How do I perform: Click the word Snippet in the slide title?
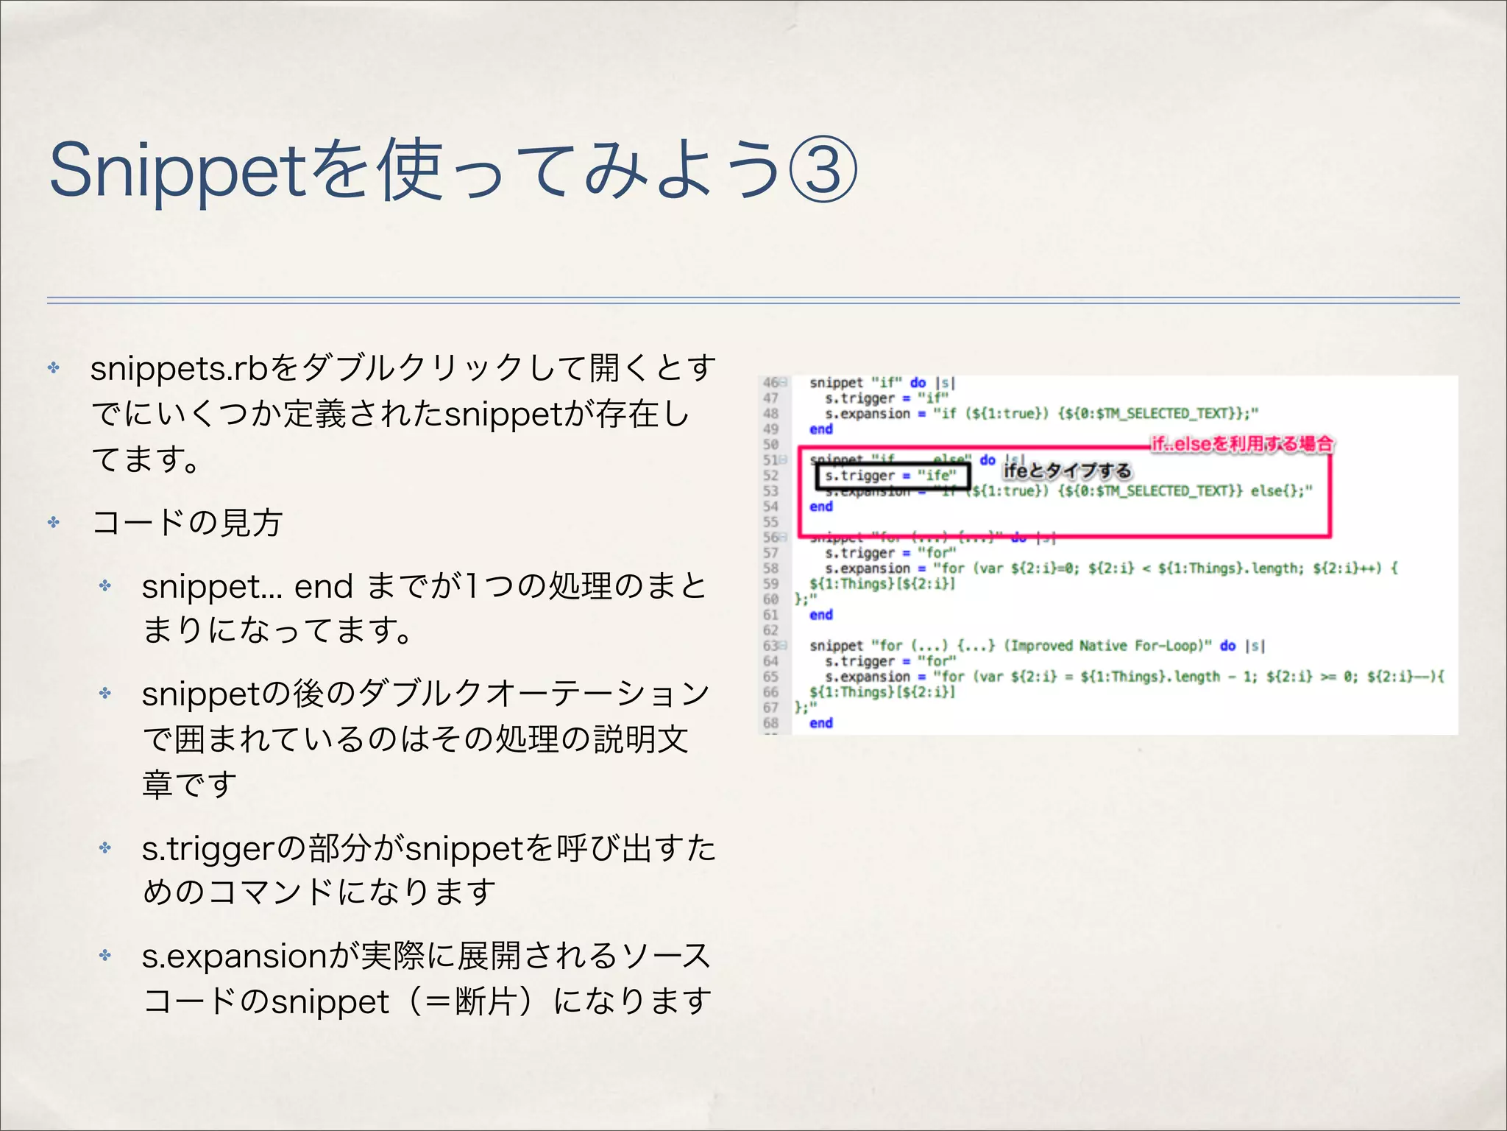(x=177, y=171)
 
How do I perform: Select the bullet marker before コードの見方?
(x=54, y=522)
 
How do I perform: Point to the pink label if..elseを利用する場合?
(x=1242, y=443)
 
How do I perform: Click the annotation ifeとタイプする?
(x=1067, y=471)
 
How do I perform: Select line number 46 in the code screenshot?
(x=770, y=382)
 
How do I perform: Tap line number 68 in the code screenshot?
(x=770, y=723)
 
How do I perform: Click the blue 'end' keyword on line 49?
(x=821, y=429)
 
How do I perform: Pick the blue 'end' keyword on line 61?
(x=821, y=615)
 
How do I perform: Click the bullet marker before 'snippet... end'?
(x=105, y=586)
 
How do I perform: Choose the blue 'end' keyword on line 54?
(x=821, y=507)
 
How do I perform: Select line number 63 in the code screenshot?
(x=770, y=646)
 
